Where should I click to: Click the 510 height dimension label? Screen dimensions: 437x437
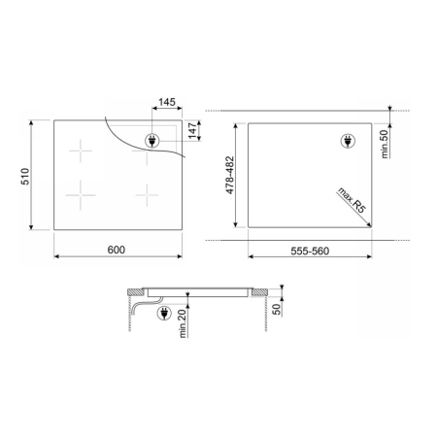pos(25,177)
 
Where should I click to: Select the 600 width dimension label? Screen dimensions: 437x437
pos(117,250)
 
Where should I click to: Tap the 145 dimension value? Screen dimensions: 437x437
pos(167,102)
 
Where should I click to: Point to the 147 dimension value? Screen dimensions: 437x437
pos(192,131)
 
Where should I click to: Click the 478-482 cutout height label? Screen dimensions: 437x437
pos(230,176)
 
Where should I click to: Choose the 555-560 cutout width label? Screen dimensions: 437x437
pos(310,252)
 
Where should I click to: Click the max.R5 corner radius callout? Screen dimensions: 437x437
pos(352,200)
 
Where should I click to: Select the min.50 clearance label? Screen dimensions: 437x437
pos(385,144)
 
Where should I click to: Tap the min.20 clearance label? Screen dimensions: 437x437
pos(184,323)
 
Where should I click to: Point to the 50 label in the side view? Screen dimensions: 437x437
pos(277,309)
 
